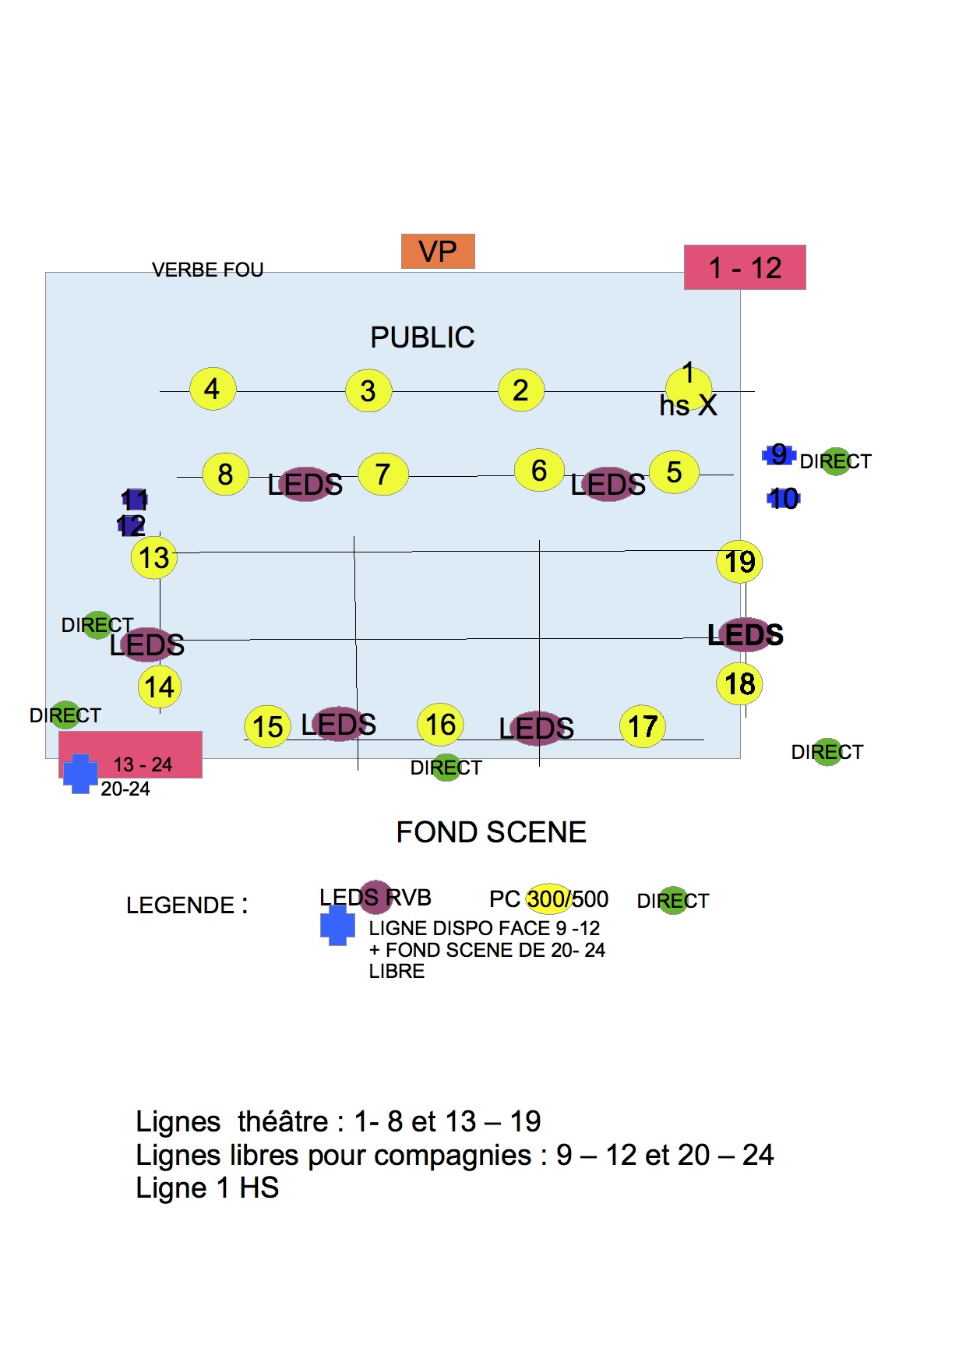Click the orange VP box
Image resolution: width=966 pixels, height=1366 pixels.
coord(438,252)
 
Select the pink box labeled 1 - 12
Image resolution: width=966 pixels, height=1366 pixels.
coord(745,267)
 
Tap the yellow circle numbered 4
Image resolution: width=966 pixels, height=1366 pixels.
coord(213,389)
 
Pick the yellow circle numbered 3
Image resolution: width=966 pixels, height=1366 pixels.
coord(368,390)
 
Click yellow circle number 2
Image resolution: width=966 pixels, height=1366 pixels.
coord(521,390)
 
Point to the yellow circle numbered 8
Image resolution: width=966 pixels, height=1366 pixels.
coord(225,474)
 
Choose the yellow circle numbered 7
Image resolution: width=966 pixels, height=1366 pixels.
coord(383,474)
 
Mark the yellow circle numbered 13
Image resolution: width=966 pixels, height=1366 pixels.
coord(154,558)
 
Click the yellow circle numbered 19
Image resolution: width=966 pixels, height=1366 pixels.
coord(739,562)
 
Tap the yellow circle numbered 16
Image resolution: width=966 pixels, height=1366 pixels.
coord(441,725)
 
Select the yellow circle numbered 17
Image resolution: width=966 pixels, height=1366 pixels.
coord(643,726)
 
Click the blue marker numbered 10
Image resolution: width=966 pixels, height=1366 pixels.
coord(784,499)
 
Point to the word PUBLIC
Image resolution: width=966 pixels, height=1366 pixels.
coord(422,337)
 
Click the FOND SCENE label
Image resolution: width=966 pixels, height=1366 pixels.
coord(491,832)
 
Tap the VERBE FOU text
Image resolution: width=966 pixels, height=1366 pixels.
coord(207,270)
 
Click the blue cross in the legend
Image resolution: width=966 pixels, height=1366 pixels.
coord(337,926)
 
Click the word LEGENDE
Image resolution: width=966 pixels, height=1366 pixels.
coord(181,905)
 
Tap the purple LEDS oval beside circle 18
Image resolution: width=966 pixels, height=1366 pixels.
coord(746,635)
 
